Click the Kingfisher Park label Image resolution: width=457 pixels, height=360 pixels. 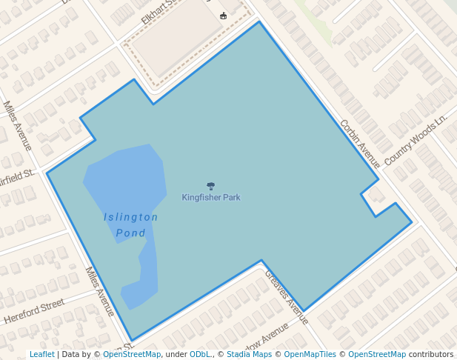click(211, 198)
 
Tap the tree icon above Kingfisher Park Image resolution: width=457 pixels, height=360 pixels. click(211, 187)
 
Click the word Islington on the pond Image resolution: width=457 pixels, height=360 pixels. click(131, 217)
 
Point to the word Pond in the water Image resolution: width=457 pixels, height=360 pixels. click(130, 233)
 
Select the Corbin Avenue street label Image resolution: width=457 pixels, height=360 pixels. click(360, 143)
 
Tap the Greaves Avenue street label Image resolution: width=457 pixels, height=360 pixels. click(287, 296)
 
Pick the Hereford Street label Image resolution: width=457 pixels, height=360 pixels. click(35, 312)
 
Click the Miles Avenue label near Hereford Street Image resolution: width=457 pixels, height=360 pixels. click(100, 292)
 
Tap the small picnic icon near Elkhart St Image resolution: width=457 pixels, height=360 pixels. click(224, 16)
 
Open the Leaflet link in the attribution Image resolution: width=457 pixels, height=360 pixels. click(41, 354)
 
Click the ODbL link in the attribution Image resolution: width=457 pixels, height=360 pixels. click(200, 354)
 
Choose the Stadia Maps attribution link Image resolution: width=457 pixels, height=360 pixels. click(249, 354)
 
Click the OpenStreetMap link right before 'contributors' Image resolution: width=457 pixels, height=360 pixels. click(377, 354)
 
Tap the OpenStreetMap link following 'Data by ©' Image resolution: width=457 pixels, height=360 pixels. click(131, 354)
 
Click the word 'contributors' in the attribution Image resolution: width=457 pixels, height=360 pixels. click(430, 354)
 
